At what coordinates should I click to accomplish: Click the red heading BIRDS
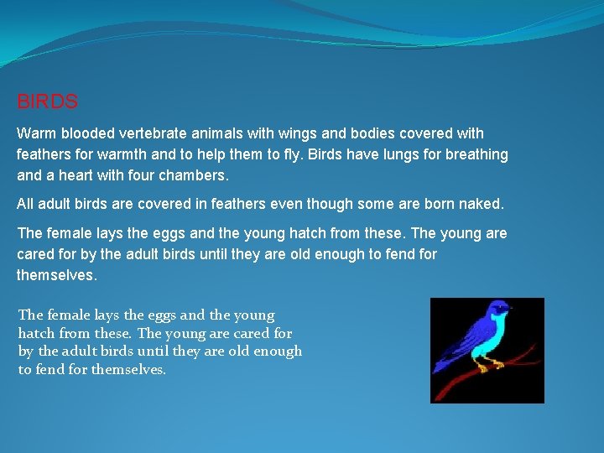click(x=48, y=102)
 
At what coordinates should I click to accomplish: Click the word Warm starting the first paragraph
click(x=36, y=133)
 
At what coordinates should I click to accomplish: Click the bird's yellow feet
click(x=487, y=365)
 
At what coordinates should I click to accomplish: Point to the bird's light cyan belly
click(x=492, y=336)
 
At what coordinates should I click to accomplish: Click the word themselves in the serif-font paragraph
click(x=128, y=370)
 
